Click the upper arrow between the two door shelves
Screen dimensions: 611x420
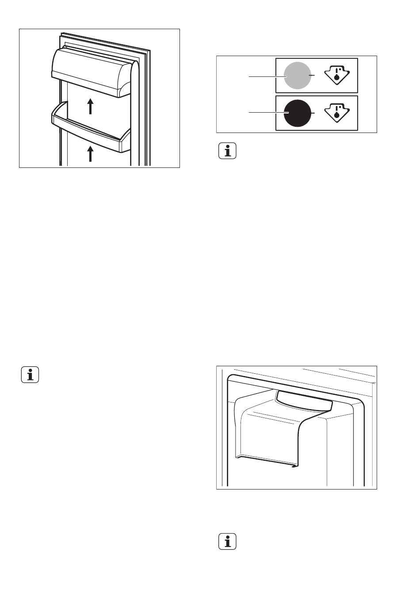pyautogui.click(x=90, y=106)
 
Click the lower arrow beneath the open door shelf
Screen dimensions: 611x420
pyautogui.click(x=90, y=154)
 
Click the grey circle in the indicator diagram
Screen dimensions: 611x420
pyautogui.click(x=297, y=76)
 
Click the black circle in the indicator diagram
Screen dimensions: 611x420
pyautogui.click(x=297, y=113)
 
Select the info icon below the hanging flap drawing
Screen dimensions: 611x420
pyautogui.click(x=228, y=542)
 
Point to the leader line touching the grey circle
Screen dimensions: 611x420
pyautogui.click(x=265, y=76)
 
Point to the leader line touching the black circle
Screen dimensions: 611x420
pyautogui.click(x=265, y=114)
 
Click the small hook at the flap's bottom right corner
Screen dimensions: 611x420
pyautogui.click(x=294, y=467)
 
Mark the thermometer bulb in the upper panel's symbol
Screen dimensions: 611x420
pyautogui.click(x=337, y=78)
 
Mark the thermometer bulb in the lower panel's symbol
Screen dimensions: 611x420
pyautogui.click(x=337, y=115)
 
